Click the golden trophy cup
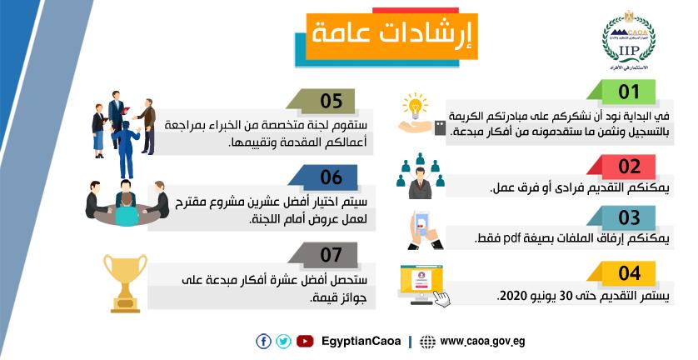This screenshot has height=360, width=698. (x=125, y=283)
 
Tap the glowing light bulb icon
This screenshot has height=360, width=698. (x=416, y=106)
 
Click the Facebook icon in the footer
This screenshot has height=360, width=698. (x=263, y=342)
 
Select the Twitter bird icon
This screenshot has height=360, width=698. (x=283, y=342)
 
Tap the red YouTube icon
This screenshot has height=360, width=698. (x=305, y=342)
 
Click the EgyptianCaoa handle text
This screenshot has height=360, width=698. (x=361, y=342)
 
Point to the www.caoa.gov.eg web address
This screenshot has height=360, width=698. (x=482, y=342)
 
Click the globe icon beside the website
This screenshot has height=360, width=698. (x=428, y=342)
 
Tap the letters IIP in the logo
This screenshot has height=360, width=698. (x=629, y=50)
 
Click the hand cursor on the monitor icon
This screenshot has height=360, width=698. (x=441, y=298)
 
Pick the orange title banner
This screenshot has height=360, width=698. (x=391, y=37)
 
